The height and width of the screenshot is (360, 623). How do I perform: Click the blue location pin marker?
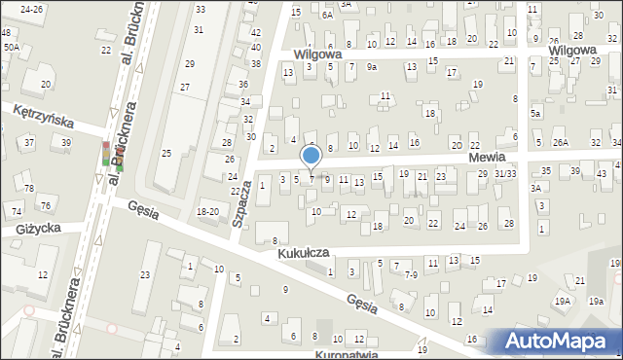[311, 157]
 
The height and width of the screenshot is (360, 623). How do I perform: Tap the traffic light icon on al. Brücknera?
[106, 154]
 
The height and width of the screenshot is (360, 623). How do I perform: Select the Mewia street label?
[486, 157]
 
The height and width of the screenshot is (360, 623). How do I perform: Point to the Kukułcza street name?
[303, 252]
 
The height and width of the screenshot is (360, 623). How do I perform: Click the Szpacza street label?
[239, 204]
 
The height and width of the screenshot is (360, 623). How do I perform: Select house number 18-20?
[207, 211]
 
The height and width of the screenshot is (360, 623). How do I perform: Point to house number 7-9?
[411, 275]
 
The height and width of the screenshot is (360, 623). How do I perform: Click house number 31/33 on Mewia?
[504, 173]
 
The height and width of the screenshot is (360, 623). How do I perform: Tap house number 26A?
[561, 143]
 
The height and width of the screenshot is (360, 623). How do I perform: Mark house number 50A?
[11, 46]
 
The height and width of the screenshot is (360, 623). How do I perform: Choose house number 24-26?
[31, 9]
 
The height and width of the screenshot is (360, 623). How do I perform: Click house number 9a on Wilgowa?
[372, 66]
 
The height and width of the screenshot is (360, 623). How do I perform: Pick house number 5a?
[534, 113]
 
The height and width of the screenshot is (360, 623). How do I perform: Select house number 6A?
[328, 15]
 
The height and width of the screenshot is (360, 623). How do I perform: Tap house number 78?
[29, 188]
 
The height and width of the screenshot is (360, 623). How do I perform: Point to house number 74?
[17, 211]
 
